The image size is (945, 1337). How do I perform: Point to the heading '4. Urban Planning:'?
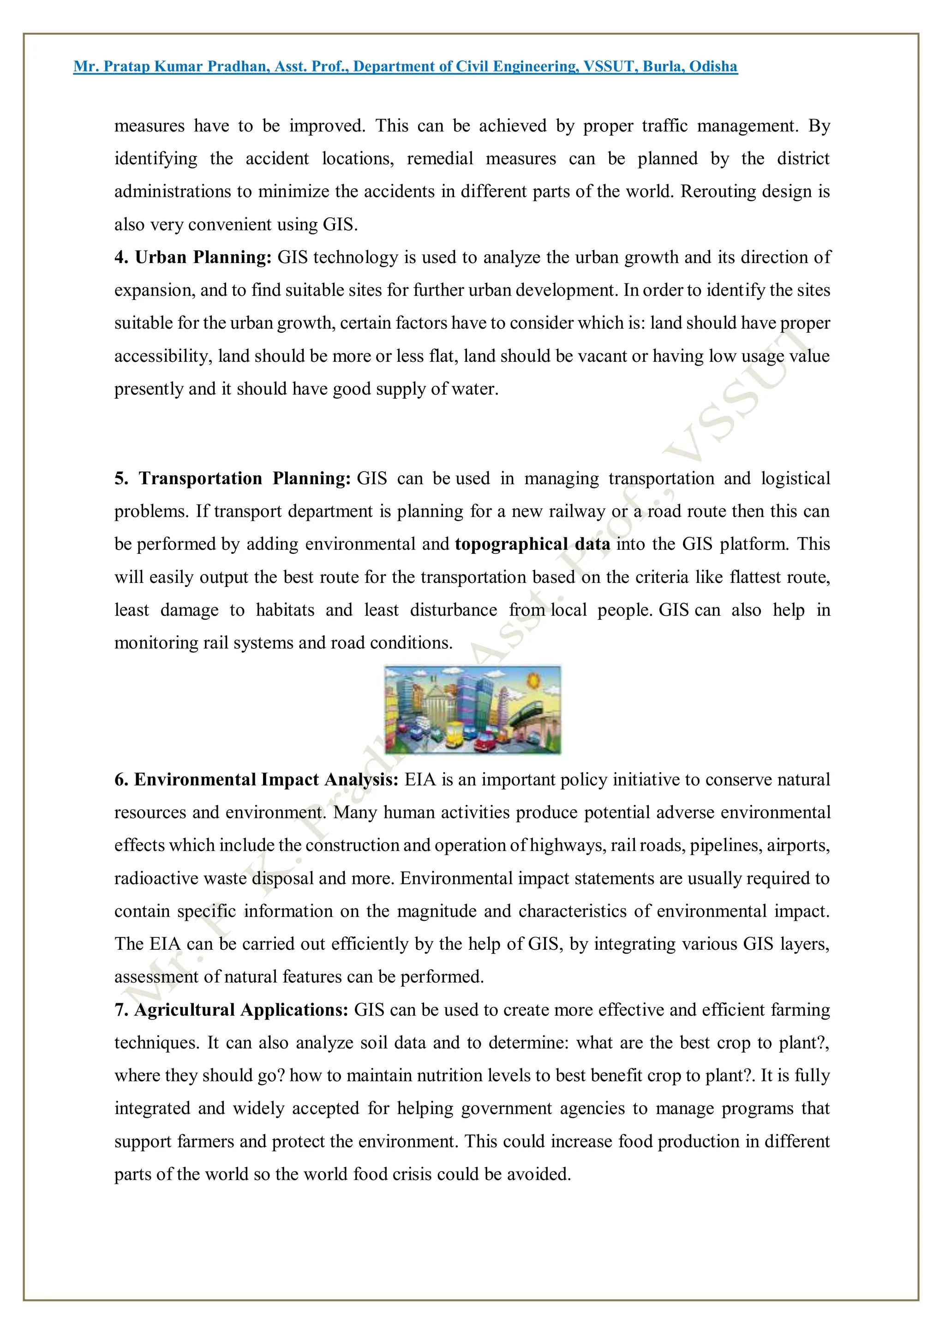tap(193, 258)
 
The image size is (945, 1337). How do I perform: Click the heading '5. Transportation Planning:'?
tap(232, 479)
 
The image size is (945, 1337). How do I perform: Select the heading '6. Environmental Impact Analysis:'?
tap(256, 779)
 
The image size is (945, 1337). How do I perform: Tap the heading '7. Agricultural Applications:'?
tap(231, 1010)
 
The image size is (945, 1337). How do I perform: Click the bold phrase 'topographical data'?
tap(532, 545)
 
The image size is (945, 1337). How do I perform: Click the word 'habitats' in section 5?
tap(285, 610)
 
